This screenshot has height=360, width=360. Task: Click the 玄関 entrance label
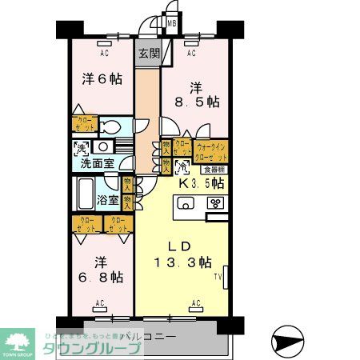pos(147,54)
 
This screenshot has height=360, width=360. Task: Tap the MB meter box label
pos(170,24)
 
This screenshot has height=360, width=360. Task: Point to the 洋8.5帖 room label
pos(200,94)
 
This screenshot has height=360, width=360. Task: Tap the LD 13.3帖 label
pos(182,253)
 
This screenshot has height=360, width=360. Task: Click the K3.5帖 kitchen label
pos(202,183)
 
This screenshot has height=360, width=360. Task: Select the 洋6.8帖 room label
pos(101,269)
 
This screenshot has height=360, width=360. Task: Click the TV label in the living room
pos(217,278)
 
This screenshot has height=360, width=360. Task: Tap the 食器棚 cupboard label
pos(213,170)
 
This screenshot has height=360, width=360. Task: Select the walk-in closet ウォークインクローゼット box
pos(211,150)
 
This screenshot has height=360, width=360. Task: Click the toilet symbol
pos(110,127)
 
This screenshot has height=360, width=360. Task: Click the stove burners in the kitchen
pos(215,204)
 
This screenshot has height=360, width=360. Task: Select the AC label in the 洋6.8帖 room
pos(101,302)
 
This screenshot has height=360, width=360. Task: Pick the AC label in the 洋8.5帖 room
pos(191,54)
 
